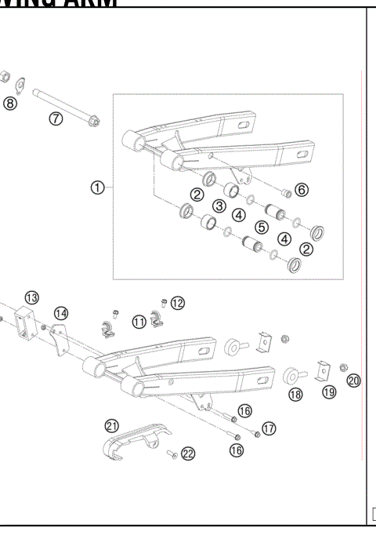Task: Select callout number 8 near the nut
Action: [9, 103]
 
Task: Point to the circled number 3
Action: [219, 206]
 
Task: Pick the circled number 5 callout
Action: [262, 227]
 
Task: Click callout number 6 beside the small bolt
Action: [302, 189]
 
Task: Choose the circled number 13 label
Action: [31, 297]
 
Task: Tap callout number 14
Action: [60, 313]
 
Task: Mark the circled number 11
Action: [139, 320]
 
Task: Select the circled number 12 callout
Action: [178, 303]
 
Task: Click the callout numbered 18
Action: [295, 395]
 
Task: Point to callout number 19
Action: [328, 392]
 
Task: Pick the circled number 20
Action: [353, 381]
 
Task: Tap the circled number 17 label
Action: [269, 428]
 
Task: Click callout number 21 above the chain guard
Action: [111, 424]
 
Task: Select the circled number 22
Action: [188, 453]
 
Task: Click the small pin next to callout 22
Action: [168, 453]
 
